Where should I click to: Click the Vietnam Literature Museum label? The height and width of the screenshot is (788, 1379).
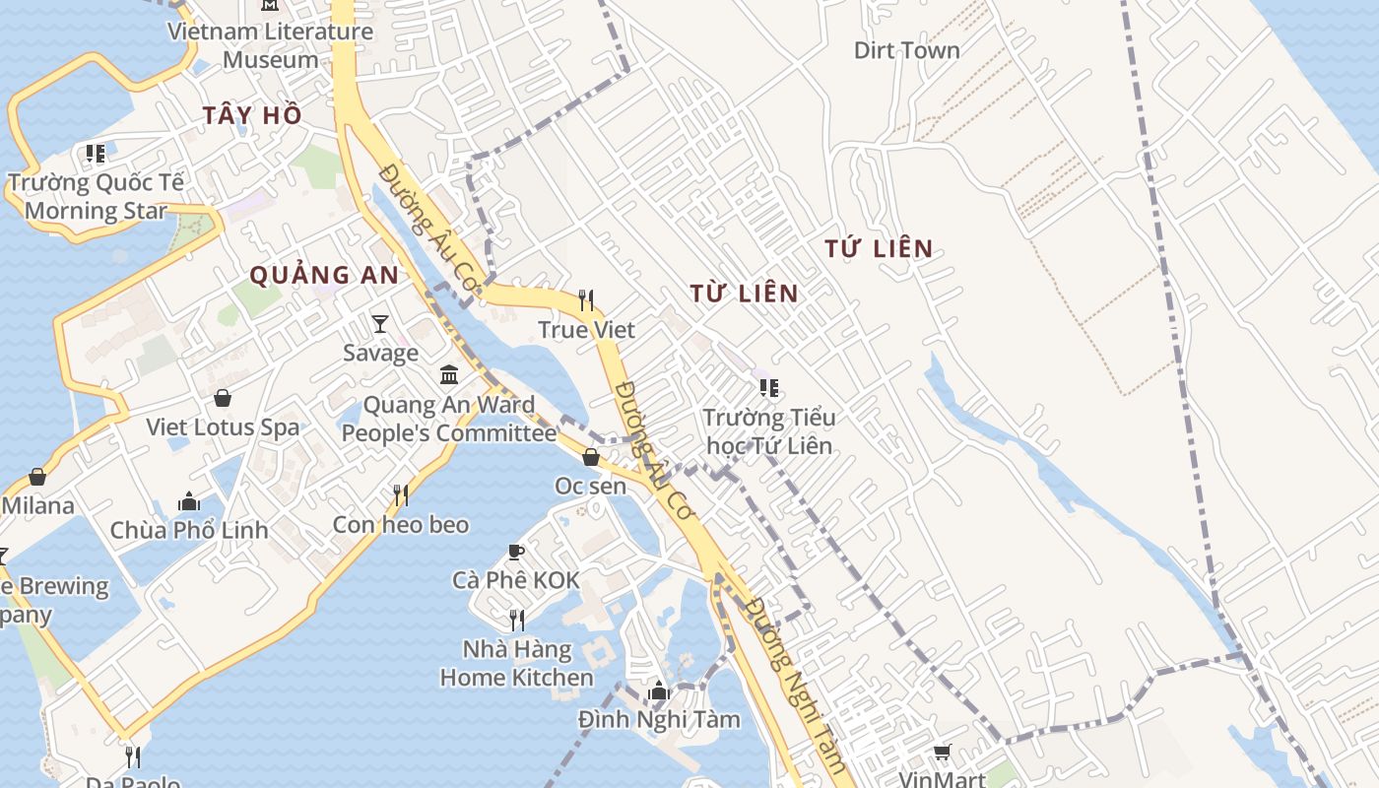[270, 45]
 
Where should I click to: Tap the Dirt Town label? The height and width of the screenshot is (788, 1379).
[906, 50]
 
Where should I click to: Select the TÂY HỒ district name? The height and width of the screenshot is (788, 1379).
[252, 115]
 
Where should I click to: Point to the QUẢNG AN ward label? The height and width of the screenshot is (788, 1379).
[324, 275]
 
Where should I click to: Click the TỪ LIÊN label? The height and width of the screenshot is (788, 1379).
[744, 293]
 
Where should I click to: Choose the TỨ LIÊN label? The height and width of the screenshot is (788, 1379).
[879, 248]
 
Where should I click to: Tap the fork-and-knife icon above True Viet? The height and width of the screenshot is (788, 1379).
[586, 299]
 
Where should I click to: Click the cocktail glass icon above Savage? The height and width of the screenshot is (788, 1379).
[380, 323]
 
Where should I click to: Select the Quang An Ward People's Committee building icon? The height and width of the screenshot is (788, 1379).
[449, 375]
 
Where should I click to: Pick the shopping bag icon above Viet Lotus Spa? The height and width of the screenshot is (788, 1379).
[223, 398]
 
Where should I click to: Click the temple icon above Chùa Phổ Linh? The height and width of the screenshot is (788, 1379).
[189, 501]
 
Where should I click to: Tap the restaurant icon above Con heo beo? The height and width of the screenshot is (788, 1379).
[401, 495]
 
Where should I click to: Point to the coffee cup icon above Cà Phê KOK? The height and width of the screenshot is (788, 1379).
[516, 552]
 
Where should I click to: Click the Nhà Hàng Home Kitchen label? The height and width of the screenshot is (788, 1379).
[516, 664]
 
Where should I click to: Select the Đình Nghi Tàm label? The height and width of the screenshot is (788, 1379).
[659, 719]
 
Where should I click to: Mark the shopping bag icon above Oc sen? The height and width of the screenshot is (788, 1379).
[591, 457]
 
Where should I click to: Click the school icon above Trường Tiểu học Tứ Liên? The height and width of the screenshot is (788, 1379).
[769, 388]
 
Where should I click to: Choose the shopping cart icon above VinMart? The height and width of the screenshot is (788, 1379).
[943, 753]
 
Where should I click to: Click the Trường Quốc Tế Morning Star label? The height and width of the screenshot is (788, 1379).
[96, 196]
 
